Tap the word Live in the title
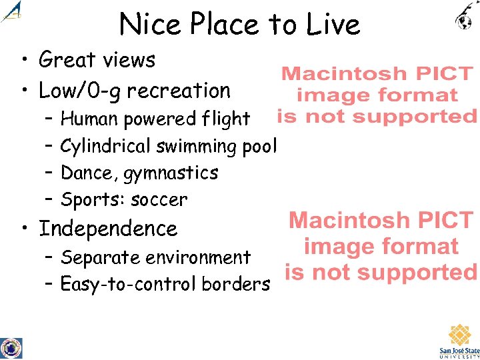335,25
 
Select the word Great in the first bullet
67,60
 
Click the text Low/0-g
79,90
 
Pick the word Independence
108,229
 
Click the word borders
239,285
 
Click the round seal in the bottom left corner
11,348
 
